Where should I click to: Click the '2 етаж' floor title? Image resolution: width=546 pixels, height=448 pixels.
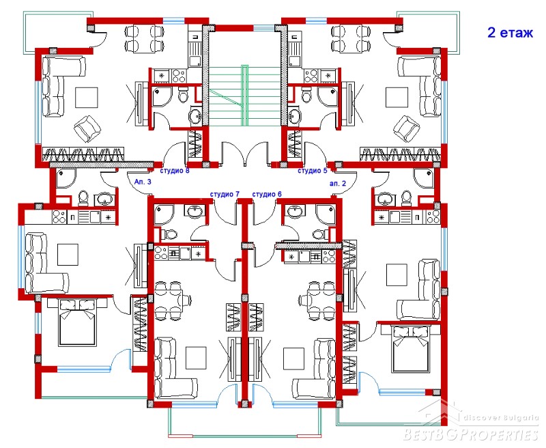[510, 33]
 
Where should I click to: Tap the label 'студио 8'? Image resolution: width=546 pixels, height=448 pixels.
[175, 171]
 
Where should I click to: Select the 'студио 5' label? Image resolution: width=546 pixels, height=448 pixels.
[313, 171]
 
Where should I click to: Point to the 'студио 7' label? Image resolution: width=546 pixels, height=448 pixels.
[225, 194]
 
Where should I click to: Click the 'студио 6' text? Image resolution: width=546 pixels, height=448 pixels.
[267, 194]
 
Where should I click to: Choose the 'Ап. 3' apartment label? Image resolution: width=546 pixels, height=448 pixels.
[143, 182]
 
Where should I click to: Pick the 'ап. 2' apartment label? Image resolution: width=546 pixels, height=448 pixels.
[338, 184]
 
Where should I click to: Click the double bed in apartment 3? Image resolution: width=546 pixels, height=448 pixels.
[77, 322]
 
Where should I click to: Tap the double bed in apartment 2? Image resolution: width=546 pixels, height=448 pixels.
[410, 348]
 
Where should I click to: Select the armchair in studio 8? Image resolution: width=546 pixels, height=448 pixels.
[87, 128]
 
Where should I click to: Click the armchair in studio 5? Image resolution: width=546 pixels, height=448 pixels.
[407, 128]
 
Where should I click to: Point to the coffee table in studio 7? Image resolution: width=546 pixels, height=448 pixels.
[196, 358]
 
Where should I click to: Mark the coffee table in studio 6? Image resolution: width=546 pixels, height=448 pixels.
[294, 359]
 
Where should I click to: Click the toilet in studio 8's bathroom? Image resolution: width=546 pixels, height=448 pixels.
[183, 94]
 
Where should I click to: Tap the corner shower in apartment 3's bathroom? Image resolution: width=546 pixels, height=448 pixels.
[66, 178]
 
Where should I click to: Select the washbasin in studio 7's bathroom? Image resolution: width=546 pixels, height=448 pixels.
[194, 212]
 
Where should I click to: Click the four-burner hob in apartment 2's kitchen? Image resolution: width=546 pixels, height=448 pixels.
[433, 216]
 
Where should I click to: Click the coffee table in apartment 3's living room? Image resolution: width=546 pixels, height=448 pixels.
[68, 255]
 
